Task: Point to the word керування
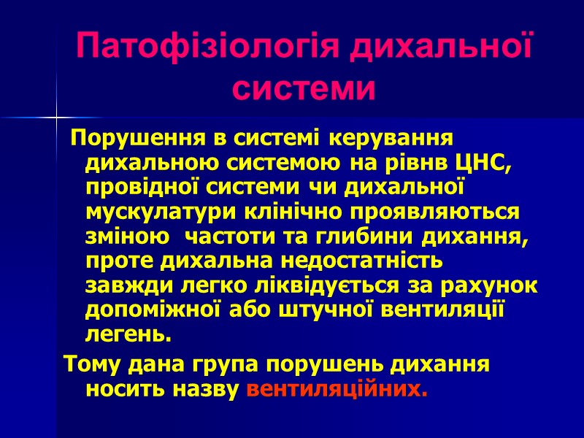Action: pos(389,137)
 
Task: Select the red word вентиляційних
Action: pos(338,388)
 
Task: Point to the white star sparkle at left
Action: pos(56,117)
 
